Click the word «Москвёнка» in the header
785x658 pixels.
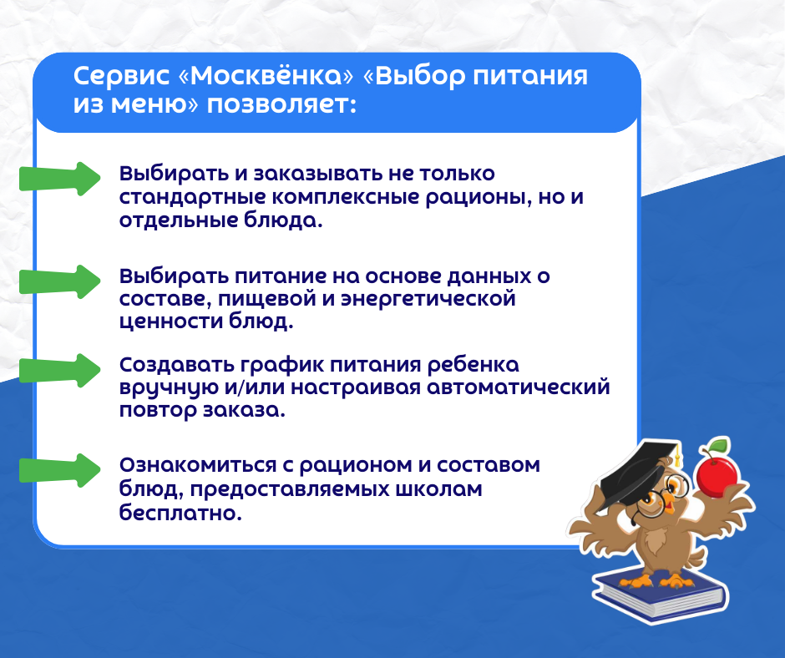[x=266, y=76]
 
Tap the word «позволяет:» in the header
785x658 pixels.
[x=282, y=104]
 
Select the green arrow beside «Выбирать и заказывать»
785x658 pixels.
[x=59, y=179]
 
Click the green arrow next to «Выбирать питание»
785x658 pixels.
[x=59, y=282]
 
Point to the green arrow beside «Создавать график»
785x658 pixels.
[x=59, y=370]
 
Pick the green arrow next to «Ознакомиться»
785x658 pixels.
[x=59, y=470]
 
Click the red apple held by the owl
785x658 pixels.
[x=717, y=471]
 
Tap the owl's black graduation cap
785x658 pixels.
[x=641, y=473]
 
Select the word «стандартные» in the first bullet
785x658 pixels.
[x=193, y=197]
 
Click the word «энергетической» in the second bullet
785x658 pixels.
[x=428, y=300]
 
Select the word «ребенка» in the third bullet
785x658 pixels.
[x=473, y=365]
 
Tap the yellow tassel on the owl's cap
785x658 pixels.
[x=678, y=456]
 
